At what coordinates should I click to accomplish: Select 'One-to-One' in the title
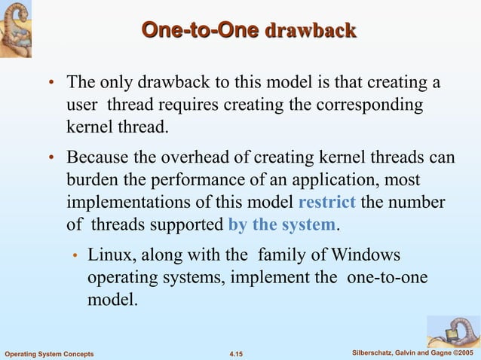coord(200,30)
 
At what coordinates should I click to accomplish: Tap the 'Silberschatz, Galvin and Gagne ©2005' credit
coord(413,352)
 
